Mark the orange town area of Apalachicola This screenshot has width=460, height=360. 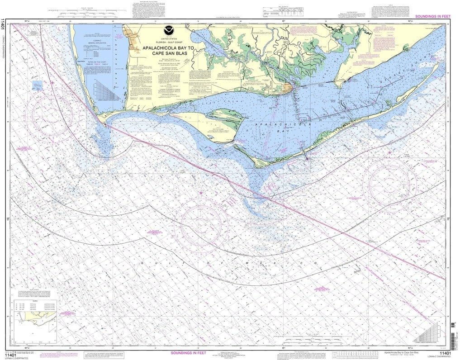tap(288, 88)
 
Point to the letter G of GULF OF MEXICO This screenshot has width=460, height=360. tap(142, 262)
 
